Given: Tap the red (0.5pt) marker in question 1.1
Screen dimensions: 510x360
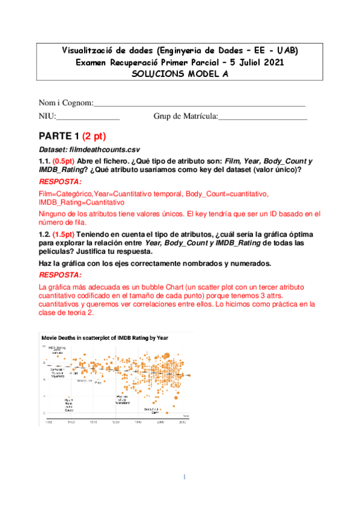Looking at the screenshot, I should pyautogui.click(x=63, y=161).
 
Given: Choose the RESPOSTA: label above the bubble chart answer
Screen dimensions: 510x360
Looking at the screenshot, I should pyautogui.click(x=61, y=275).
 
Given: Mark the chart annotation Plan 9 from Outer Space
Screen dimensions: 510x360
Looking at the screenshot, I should pyautogui.click(x=69, y=404).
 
